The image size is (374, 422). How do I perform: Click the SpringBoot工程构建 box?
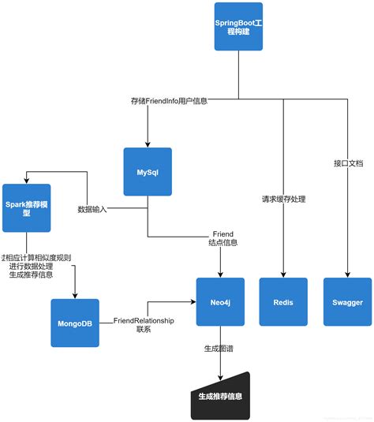point(238,27)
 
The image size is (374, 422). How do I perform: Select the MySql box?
point(148,172)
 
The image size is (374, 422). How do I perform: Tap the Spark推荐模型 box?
point(26,207)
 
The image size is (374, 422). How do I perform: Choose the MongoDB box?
point(75,323)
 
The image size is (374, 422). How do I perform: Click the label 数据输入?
point(92,209)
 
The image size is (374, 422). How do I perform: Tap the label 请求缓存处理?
point(283,200)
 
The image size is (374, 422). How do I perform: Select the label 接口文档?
point(348,163)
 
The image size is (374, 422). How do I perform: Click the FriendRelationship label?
point(143,321)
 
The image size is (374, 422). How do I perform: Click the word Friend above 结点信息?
point(223,234)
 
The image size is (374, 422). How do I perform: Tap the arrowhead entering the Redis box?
point(283,274)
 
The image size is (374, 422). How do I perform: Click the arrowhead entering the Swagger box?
point(346,274)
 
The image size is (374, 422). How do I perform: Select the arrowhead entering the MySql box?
point(148,144)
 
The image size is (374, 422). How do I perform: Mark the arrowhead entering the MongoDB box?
point(75,295)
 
